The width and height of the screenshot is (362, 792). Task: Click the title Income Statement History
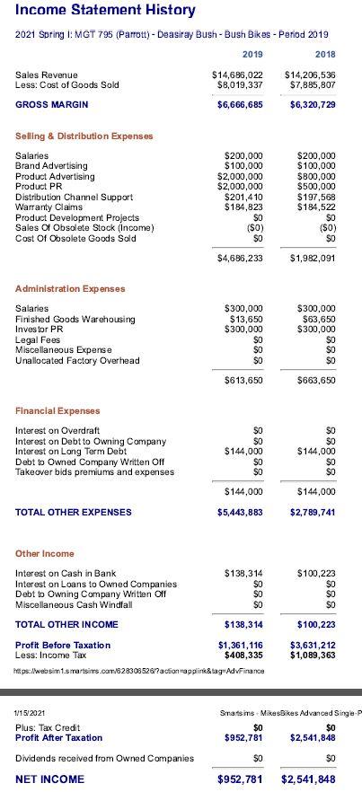click(105, 11)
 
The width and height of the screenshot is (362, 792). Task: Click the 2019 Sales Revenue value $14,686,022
click(237, 75)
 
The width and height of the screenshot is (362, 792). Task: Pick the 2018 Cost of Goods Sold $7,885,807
click(311, 84)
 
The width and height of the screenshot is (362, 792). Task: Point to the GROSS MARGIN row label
click(51, 105)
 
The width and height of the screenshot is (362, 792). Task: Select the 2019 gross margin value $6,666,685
click(240, 105)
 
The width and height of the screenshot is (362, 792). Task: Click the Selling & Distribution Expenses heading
click(84, 136)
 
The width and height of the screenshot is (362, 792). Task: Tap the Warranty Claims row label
click(52, 207)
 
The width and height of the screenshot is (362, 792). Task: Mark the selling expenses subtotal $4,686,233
click(240, 259)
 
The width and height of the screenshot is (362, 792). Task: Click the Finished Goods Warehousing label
click(75, 319)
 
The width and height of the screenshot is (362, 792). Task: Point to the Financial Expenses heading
click(57, 411)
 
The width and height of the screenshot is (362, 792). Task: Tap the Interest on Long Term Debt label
click(73, 452)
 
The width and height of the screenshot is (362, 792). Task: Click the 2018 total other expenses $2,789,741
click(313, 513)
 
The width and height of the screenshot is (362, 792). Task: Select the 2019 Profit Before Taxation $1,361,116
click(241, 645)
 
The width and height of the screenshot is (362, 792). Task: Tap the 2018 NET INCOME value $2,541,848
click(308, 779)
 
